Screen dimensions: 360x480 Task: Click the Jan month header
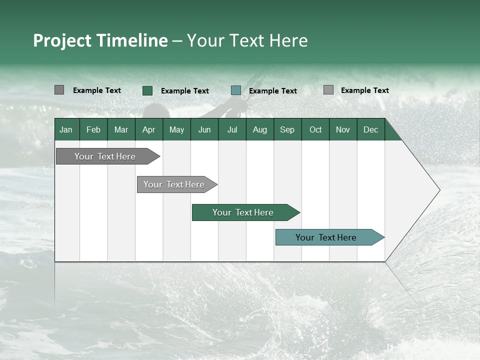66,129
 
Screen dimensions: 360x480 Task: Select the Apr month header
149,129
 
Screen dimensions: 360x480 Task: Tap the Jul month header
232,129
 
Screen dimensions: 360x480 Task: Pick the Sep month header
287,129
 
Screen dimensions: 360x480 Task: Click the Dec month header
370,129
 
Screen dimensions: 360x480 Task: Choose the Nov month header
343,129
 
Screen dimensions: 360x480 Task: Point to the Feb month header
93,129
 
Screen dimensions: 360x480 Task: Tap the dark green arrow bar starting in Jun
243,212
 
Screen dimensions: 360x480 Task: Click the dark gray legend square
59,90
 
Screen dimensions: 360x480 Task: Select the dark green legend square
147,90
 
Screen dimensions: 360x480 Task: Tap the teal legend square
236,90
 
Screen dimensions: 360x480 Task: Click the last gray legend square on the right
328,90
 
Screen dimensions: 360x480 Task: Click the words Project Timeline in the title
100,40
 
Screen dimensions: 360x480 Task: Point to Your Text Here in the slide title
247,40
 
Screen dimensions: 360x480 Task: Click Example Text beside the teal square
273,91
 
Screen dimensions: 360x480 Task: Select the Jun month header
204,129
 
